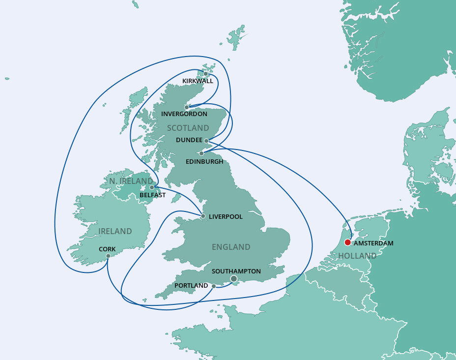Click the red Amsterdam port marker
tap(347, 242)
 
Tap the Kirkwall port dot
tap(206, 74)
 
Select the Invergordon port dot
tap(187, 107)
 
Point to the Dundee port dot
tap(206, 141)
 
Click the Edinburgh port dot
tap(201, 153)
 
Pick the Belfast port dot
tap(152, 187)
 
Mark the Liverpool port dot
tap(203, 216)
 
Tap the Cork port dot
tap(108, 256)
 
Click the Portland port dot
tap(214, 286)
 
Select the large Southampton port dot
tap(234, 279)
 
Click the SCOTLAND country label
tap(188, 128)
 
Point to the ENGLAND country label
tap(231, 247)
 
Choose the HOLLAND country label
tap(357, 256)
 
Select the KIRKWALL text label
tap(198, 81)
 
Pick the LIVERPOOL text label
tap(226, 217)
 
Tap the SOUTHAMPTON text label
tap(236, 271)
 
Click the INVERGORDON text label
tap(184, 114)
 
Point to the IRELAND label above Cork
tap(115, 231)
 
